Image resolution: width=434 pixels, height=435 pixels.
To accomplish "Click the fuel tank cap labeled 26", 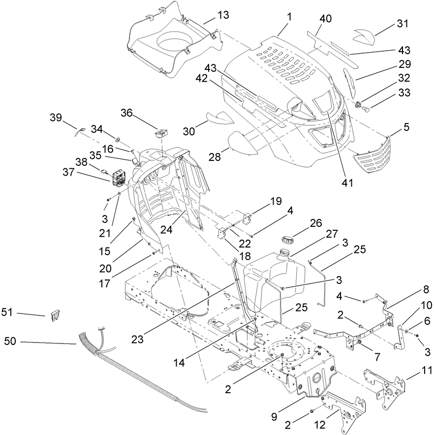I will [x=285, y=241].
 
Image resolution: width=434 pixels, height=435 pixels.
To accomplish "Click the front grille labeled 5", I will [x=373, y=153].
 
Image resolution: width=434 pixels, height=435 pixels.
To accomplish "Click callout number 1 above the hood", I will [x=289, y=16].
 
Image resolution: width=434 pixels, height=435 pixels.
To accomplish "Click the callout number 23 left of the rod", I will [x=139, y=339].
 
